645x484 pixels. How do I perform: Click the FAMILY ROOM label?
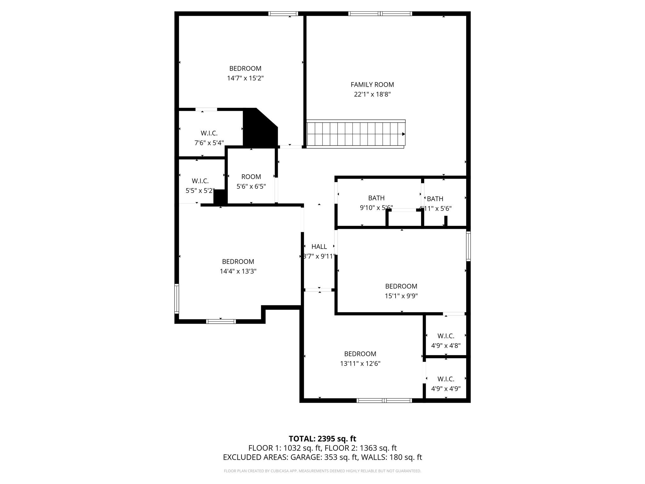coord(372,84)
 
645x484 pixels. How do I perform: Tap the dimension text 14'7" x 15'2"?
coord(245,78)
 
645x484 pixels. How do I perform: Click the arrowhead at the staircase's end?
coord(403,134)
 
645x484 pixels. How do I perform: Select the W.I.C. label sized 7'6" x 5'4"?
coord(209,133)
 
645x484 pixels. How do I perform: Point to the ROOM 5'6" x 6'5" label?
coord(251,177)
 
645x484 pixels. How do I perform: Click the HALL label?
coord(319,247)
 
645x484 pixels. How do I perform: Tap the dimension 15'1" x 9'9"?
coord(401,296)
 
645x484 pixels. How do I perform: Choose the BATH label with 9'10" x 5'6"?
coord(376,198)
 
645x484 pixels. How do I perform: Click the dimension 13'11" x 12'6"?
coord(360,364)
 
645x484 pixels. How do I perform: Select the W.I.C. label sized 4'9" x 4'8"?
coord(446,336)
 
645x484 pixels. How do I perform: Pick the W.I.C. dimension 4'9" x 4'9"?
coord(446,389)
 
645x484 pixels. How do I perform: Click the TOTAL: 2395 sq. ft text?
coord(322,439)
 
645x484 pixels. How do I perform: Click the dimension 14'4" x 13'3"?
coord(238,271)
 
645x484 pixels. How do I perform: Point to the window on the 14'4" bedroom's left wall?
coord(177,299)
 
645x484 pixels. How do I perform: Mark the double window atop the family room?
coord(380,14)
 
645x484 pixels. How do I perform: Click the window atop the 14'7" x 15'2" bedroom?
coord(283,14)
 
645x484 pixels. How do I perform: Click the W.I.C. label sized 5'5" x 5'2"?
coord(200,181)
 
